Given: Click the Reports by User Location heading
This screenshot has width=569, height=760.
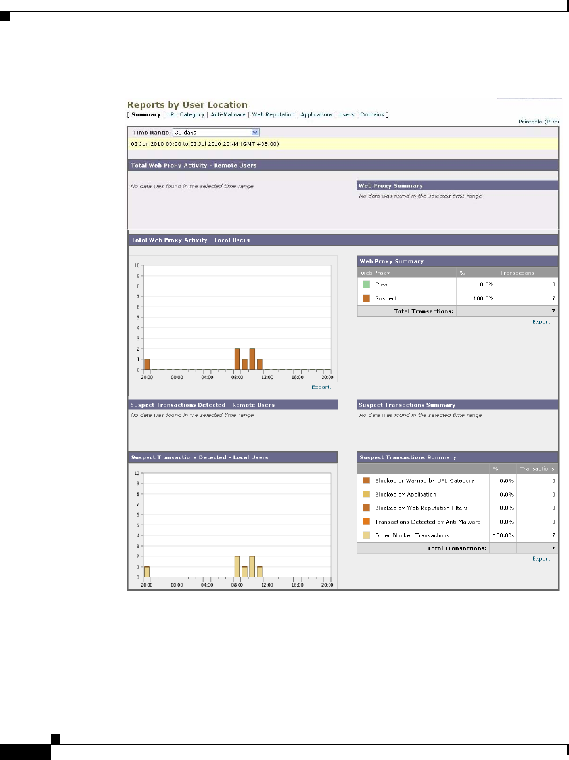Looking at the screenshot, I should coord(187,104).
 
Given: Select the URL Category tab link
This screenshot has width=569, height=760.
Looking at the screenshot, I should coord(185,114).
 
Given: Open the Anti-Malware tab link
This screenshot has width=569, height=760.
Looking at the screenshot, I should coord(227,114).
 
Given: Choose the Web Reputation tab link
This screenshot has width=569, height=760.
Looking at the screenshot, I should coord(273,114).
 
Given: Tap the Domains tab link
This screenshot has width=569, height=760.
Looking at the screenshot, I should coord(372,114).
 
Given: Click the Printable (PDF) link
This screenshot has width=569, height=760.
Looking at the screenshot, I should coord(538,122).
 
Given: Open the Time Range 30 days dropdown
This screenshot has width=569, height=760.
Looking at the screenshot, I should coord(216,132).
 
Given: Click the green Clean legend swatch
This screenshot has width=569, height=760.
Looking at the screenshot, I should coord(366,285).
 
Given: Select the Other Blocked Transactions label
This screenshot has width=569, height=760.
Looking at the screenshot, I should coord(412,535).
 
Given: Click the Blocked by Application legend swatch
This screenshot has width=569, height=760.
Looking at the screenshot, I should coord(366,494).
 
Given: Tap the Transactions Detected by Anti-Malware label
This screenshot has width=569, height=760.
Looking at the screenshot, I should coord(428,522).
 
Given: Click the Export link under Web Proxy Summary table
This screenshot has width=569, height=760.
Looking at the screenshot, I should coord(544,322).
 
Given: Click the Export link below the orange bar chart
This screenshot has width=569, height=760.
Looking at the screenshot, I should coord(323,387).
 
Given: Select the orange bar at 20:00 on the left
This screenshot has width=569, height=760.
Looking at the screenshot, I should coord(147,365).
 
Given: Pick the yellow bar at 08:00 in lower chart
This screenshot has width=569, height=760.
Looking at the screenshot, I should coord(237,566).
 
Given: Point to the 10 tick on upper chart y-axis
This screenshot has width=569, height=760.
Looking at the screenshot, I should coord(137,265).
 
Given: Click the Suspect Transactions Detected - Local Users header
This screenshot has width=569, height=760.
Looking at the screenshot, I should coord(200,457).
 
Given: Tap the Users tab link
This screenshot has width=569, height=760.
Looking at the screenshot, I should coord(346,114).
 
